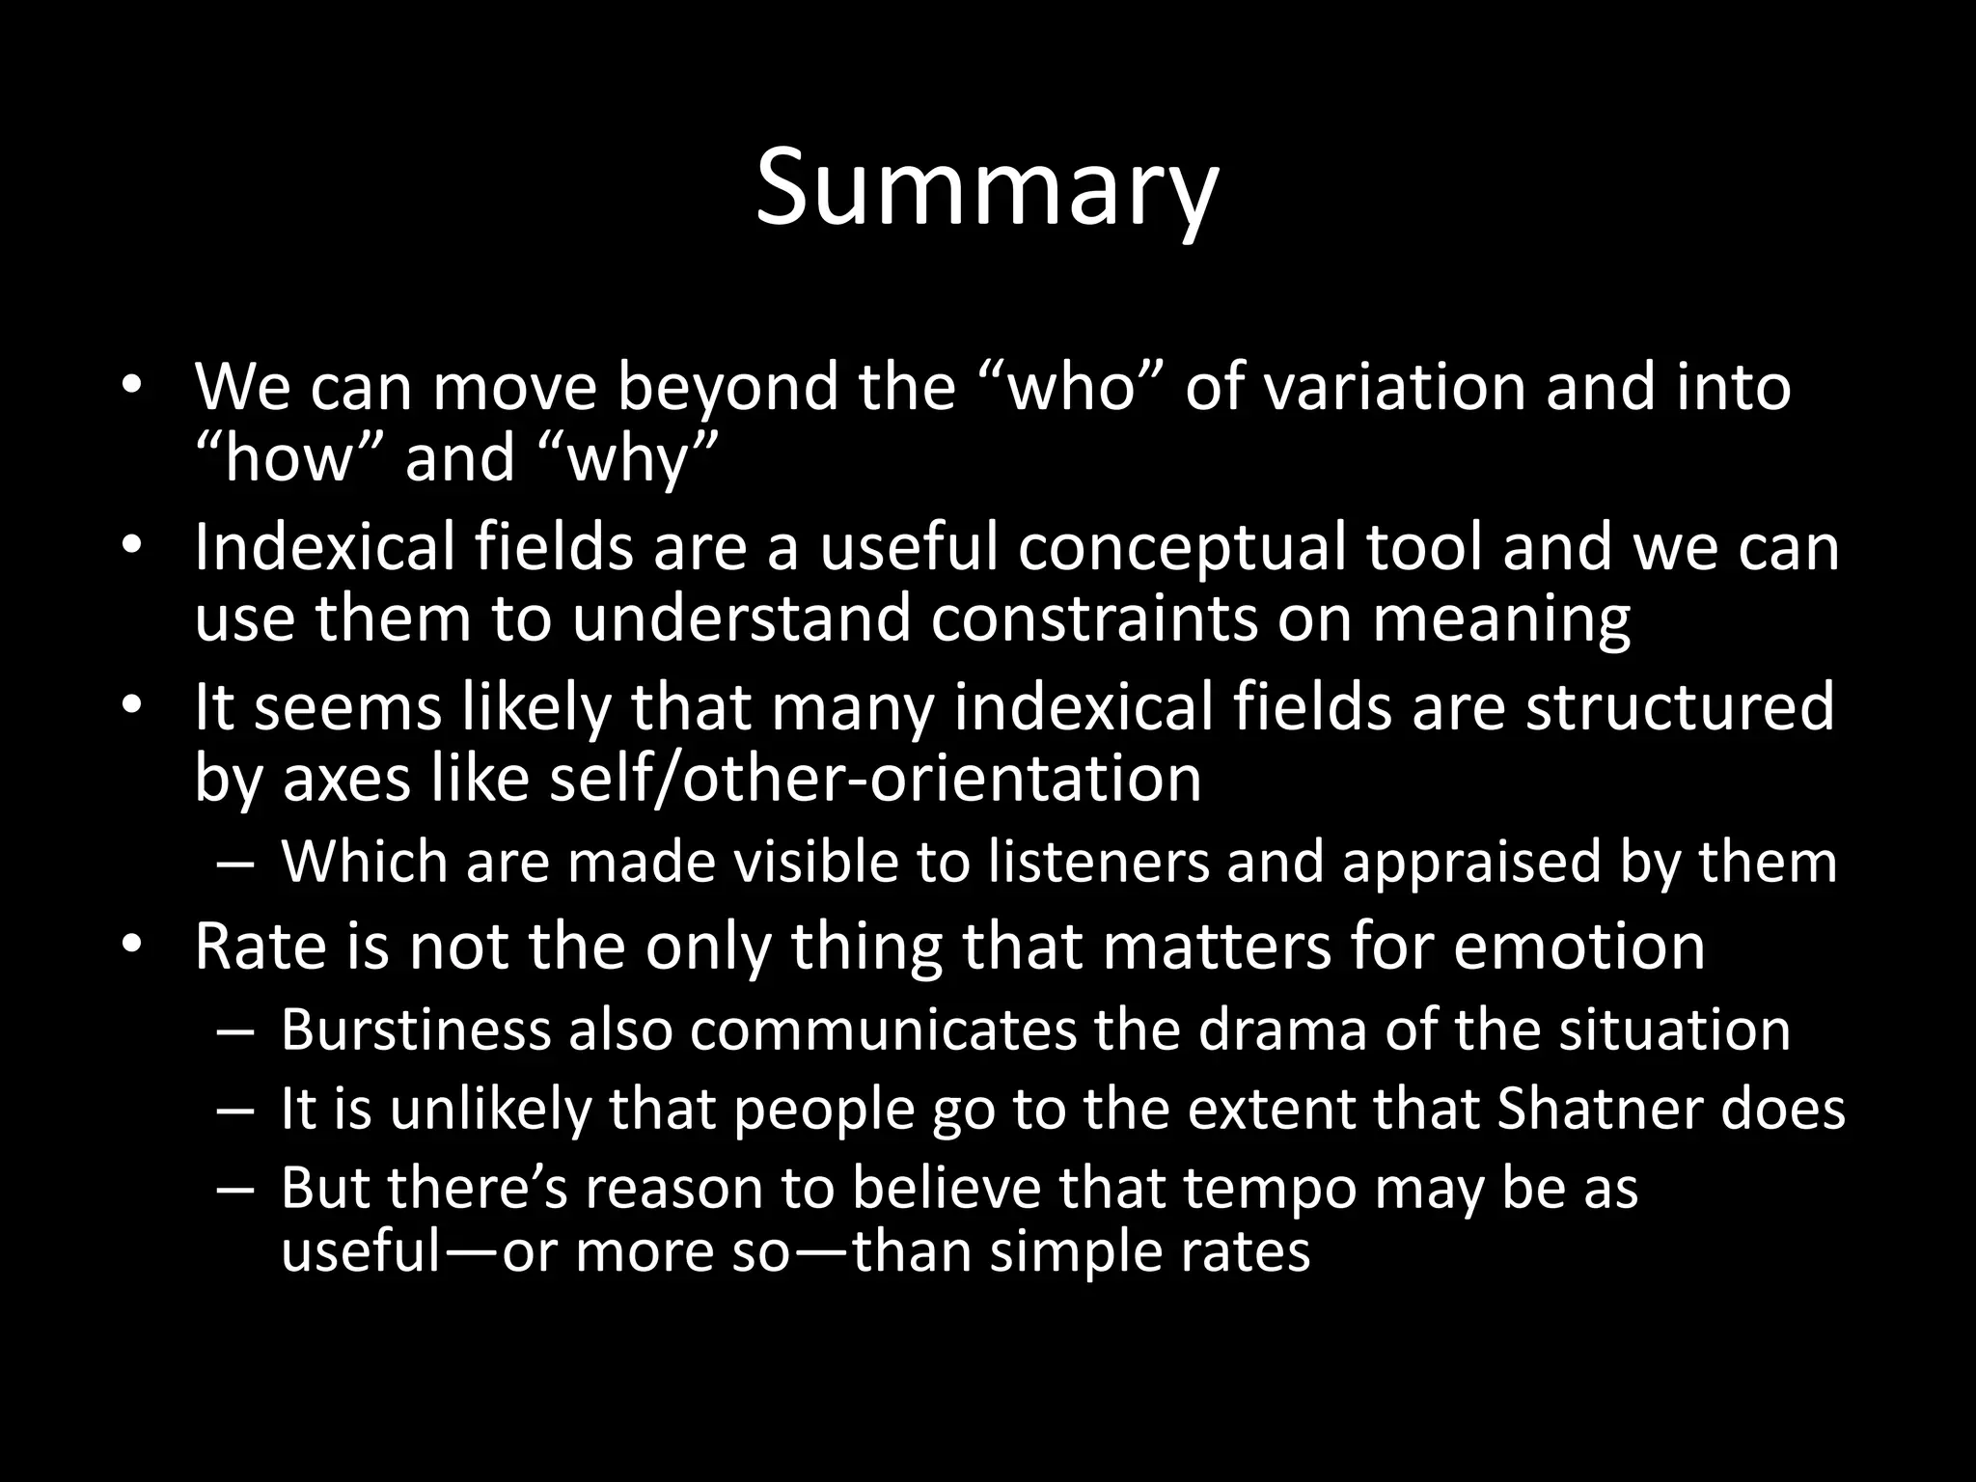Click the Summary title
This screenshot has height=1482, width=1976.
pos(987,188)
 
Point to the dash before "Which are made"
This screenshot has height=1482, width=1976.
pos(234,863)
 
